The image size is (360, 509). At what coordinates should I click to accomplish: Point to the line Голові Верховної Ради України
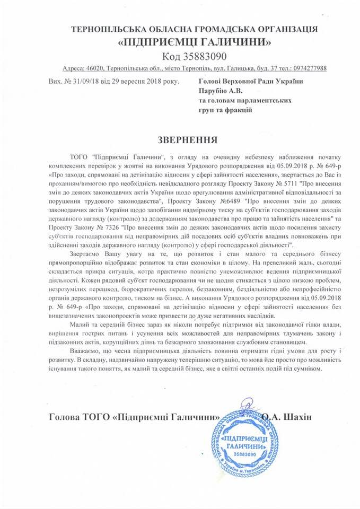250,81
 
